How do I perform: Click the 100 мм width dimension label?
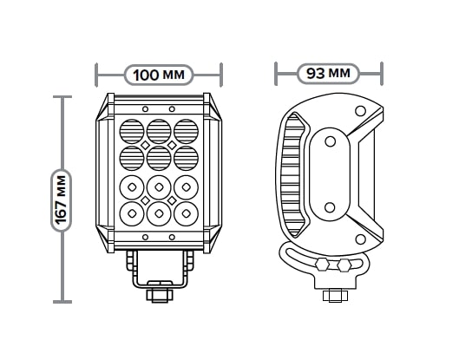159,75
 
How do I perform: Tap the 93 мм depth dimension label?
328,73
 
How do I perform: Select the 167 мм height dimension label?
62,200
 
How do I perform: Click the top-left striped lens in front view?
132,131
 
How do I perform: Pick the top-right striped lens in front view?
187,131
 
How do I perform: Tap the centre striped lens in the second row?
159,158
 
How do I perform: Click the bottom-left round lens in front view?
132,213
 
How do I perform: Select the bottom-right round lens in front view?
187,213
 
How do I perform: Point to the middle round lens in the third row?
159,187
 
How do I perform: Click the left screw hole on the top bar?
145,109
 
